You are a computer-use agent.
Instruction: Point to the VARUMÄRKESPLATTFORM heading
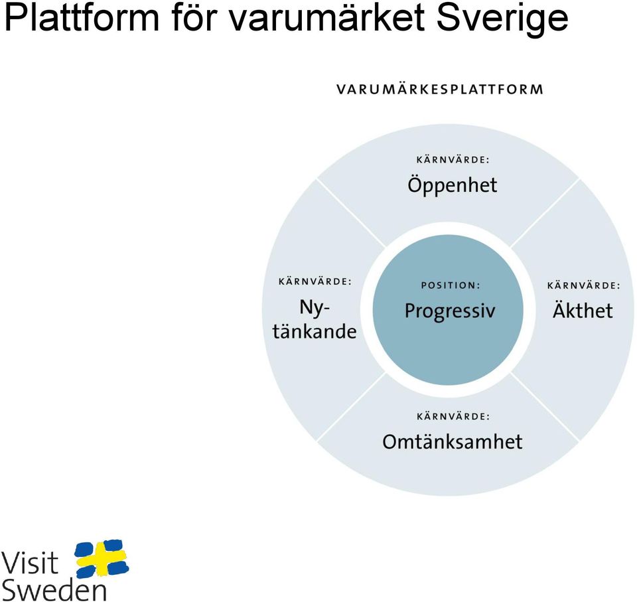[x=440, y=89]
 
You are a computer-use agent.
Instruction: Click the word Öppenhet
[x=452, y=185]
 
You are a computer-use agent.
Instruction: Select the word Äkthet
[x=583, y=310]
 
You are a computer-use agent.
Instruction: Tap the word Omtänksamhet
[x=452, y=441]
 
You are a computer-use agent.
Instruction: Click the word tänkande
[x=315, y=331]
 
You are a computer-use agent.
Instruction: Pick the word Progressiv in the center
[x=450, y=312]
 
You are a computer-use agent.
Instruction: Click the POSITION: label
[x=451, y=285]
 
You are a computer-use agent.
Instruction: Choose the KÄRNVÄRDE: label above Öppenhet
[x=453, y=159]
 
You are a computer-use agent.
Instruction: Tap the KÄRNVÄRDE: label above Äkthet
[x=584, y=285]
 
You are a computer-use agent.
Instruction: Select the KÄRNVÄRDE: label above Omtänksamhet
[x=453, y=416]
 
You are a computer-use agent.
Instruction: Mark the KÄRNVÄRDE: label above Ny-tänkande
[x=315, y=281]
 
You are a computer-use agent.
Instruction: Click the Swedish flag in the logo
[x=102, y=558]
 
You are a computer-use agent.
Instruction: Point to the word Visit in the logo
[x=30, y=563]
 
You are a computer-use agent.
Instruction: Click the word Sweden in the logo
[x=54, y=589]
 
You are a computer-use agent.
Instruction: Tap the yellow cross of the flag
[x=101, y=558]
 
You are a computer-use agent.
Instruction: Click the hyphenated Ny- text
[x=314, y=308]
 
